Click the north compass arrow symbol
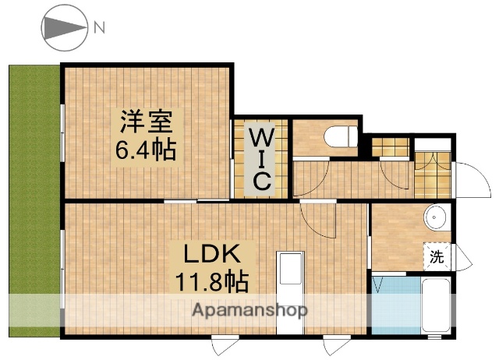[62, 28]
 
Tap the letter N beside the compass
[99, 28]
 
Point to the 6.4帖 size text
[146, 148]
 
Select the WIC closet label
[260, 160]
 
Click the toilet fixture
[340, 137]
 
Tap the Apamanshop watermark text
[249, 309]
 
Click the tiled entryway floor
[433, 175]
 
